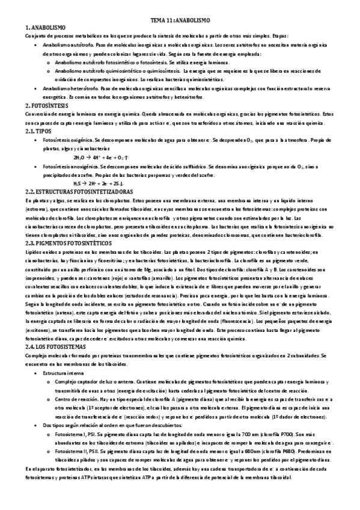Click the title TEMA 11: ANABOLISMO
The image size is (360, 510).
180,20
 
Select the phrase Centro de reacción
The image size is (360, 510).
75,399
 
